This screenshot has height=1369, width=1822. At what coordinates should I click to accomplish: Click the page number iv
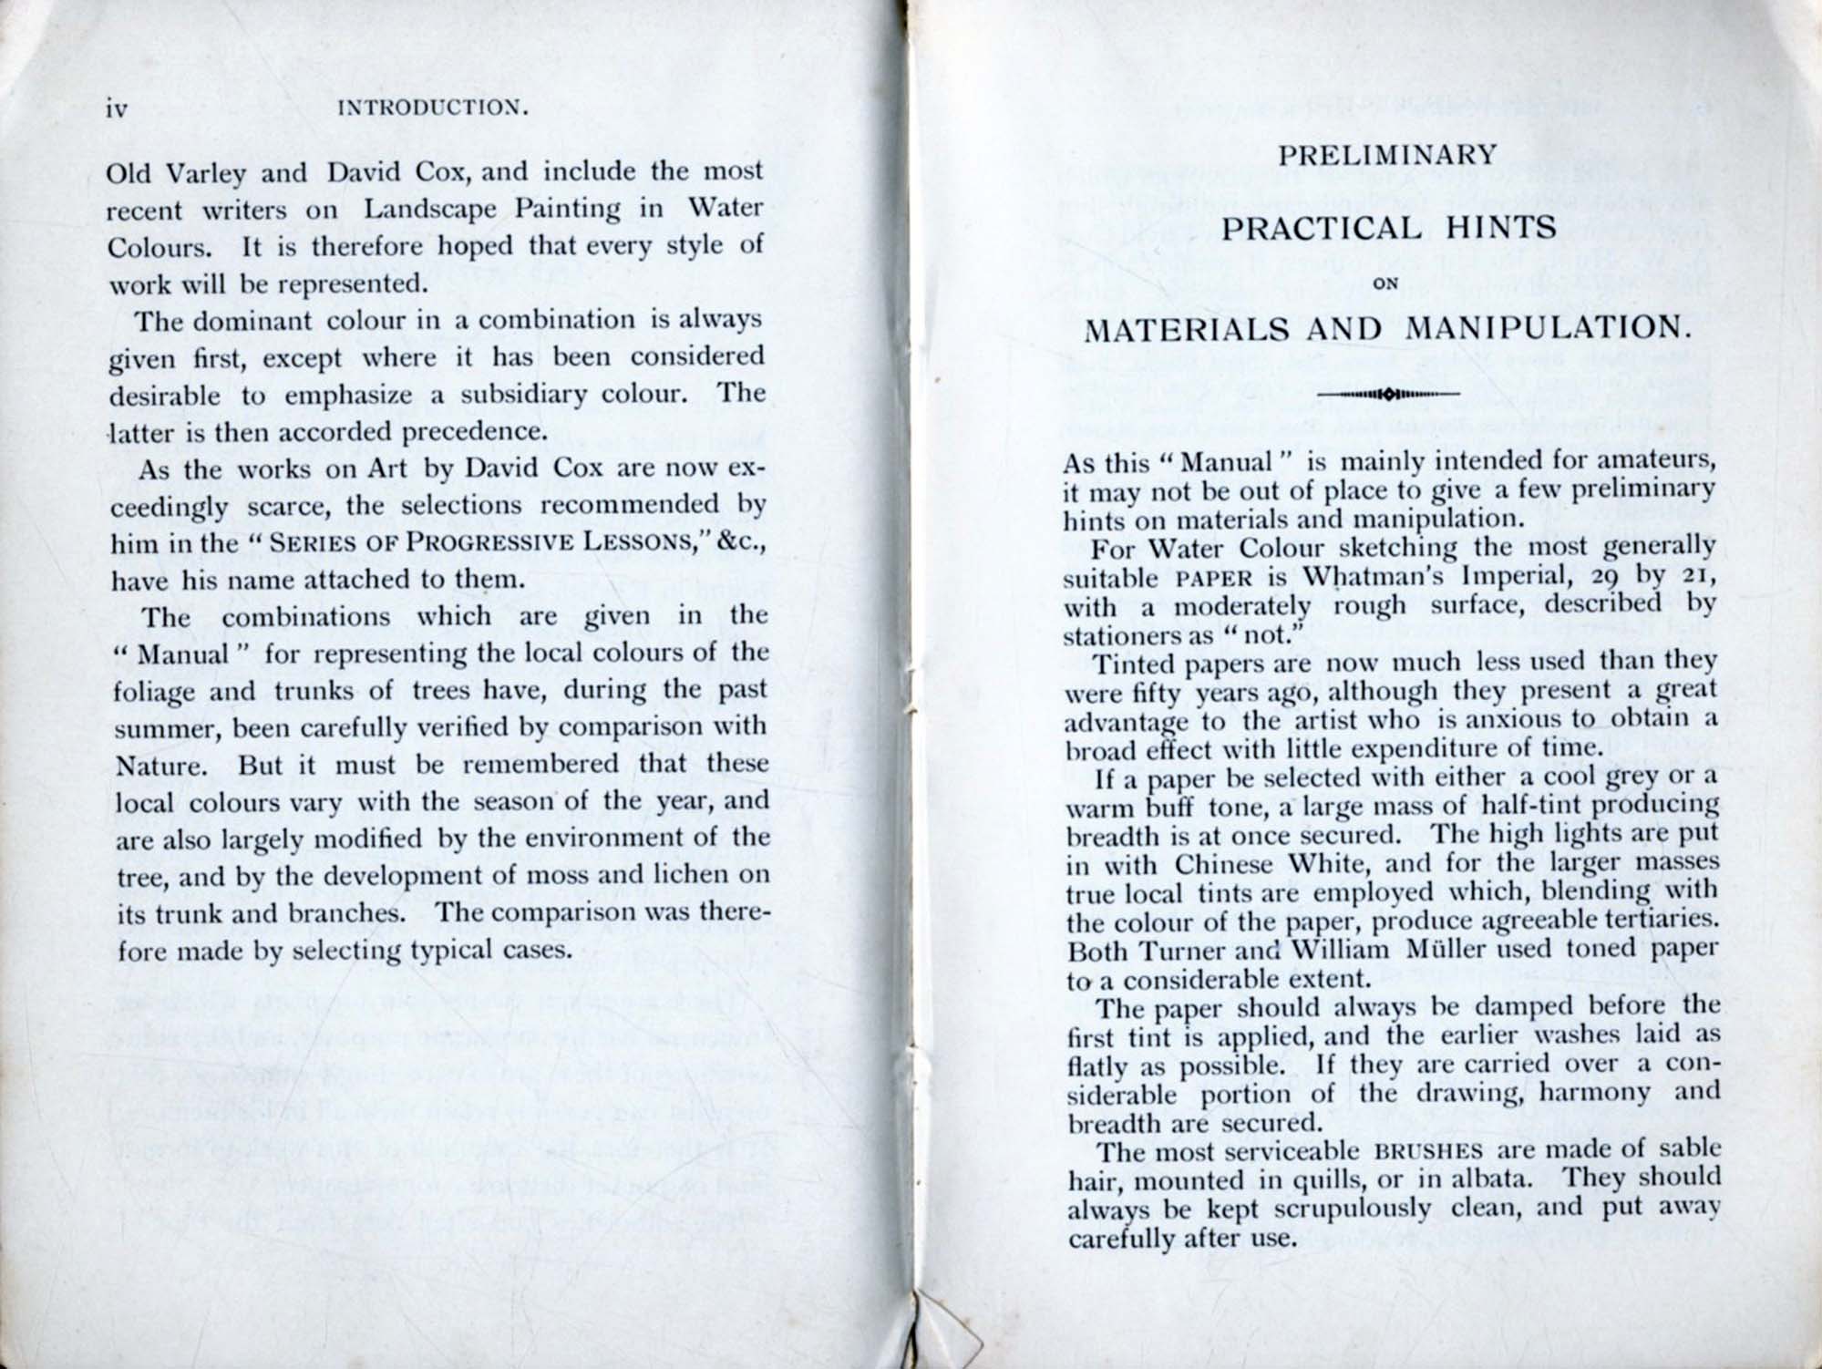click(117, 109)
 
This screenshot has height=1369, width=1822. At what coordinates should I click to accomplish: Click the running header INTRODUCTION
click(433, 108)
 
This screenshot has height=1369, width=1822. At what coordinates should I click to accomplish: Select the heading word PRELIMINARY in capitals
click(1386, 155)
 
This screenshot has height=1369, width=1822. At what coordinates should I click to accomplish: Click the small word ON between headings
click(1385, 283)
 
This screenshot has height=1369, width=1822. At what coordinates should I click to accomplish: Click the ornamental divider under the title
click(1388, 394)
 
